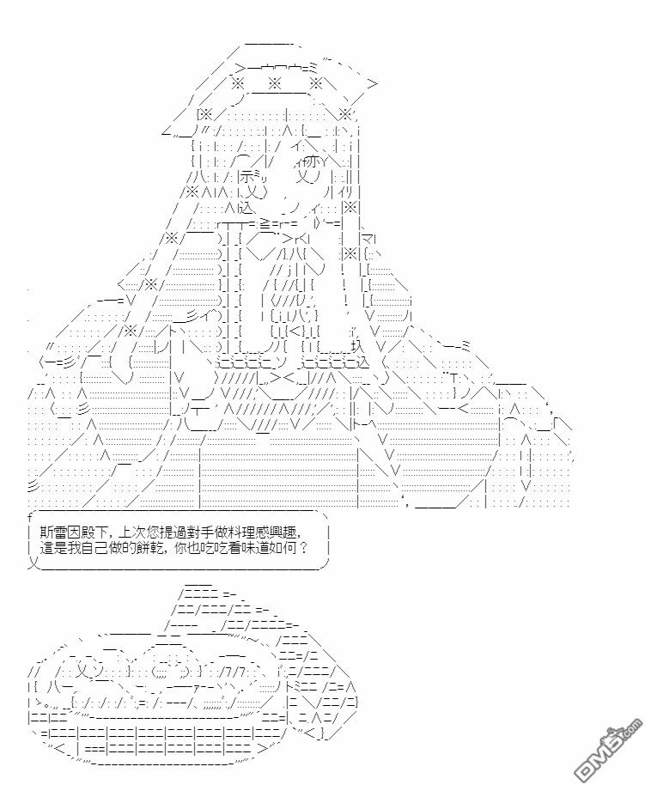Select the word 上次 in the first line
[130, 532]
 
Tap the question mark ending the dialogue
[303, 549]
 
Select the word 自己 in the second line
[94, 549]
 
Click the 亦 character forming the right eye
[313, 162]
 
